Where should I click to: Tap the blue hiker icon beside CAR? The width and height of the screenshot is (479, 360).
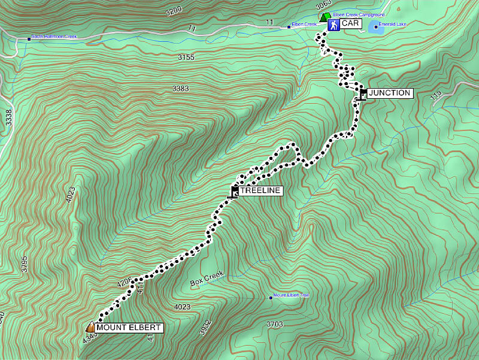tap(333, 25)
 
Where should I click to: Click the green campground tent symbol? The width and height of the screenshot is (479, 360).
tap(323, 17)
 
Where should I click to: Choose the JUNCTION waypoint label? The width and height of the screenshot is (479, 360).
tap(389, 93)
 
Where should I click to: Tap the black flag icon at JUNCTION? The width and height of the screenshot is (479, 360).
tap(363, 94)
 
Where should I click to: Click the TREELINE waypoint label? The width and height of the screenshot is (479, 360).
tap(260, 190)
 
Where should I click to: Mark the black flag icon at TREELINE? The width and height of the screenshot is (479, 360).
tap(235, 191)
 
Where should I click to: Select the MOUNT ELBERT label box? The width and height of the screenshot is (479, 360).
tap(128, 328)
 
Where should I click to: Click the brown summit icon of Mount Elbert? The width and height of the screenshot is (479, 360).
tap(90, 327)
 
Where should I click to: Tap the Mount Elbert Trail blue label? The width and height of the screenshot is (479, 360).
tap(291, 296)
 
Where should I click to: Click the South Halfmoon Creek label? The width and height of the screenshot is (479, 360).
tap(54, 37)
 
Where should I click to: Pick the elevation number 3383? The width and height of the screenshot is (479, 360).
tap(180, 89)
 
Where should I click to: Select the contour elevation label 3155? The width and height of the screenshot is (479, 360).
tap(186, 57)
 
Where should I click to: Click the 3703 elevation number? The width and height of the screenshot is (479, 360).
tap(274, 324)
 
